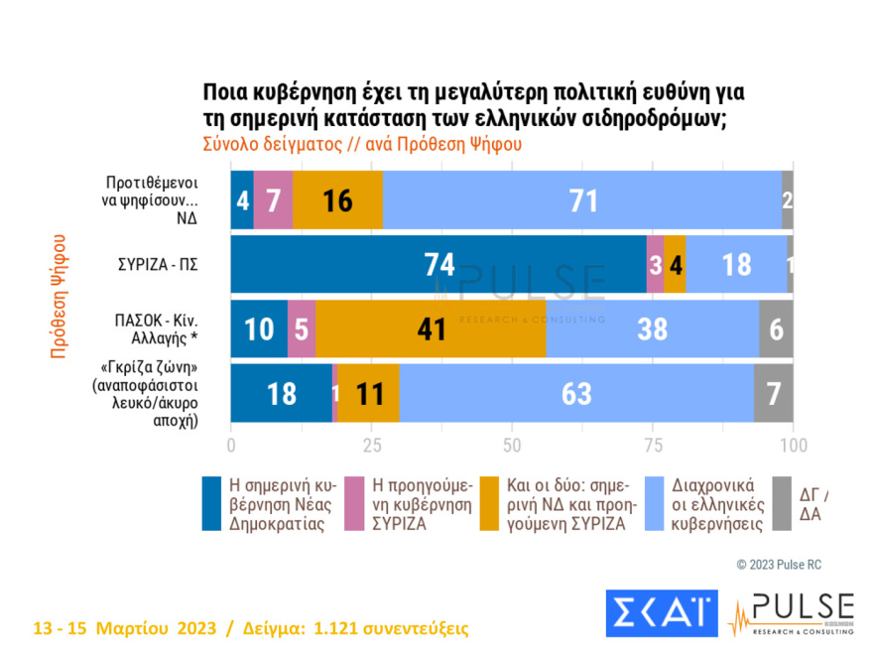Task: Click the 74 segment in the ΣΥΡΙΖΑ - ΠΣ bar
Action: point(438,265)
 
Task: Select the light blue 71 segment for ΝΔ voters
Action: point(581,200)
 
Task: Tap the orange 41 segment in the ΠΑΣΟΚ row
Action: point(431,329)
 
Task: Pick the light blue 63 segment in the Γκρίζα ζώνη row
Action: point(576,394)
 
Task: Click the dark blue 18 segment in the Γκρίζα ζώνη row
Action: point(282,394)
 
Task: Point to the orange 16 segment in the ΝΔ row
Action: point(337,200)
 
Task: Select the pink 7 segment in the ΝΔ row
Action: point(273,200)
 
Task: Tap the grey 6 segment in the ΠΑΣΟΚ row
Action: point(776,329)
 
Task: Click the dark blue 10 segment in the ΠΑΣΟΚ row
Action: point(259,329)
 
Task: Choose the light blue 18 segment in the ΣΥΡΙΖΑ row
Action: point(736,265)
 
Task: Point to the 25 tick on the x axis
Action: point(372,444)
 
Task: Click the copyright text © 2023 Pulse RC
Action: point(778,565)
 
